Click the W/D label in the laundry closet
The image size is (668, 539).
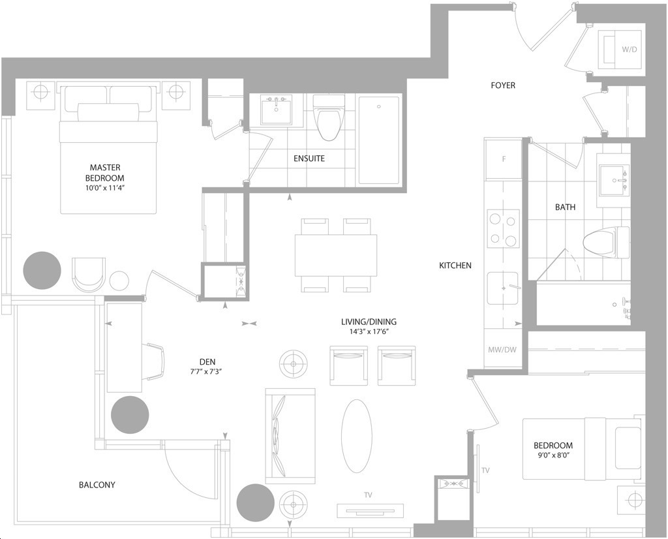click(x=629, y=50)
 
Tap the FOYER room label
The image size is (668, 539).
click(x=503, y=85)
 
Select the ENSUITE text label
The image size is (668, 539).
click(x=309, y=159)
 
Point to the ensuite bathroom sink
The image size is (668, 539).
click(x=276, y=110)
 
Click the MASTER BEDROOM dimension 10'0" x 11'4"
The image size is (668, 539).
click(x=104, y=187)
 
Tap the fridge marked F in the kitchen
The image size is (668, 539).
click(x=504, y=159)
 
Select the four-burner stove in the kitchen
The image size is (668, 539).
click(x=503, y=228)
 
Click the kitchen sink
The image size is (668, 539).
click(x=503, y=288)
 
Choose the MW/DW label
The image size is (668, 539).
click(x=502, y=350)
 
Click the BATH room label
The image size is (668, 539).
click(x=565, y=207)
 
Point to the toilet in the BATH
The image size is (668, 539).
click(x=606, y=242)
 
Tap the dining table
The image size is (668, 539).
click(x=336, y=255)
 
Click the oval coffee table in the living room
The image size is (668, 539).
click(x=357, y=435)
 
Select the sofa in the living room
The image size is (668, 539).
click(x=290, y=435)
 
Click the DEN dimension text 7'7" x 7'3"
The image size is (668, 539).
click(x=206, y=371)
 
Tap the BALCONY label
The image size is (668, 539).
click(x=97, y=484)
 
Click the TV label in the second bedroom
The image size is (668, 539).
click(x=485, y=470)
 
